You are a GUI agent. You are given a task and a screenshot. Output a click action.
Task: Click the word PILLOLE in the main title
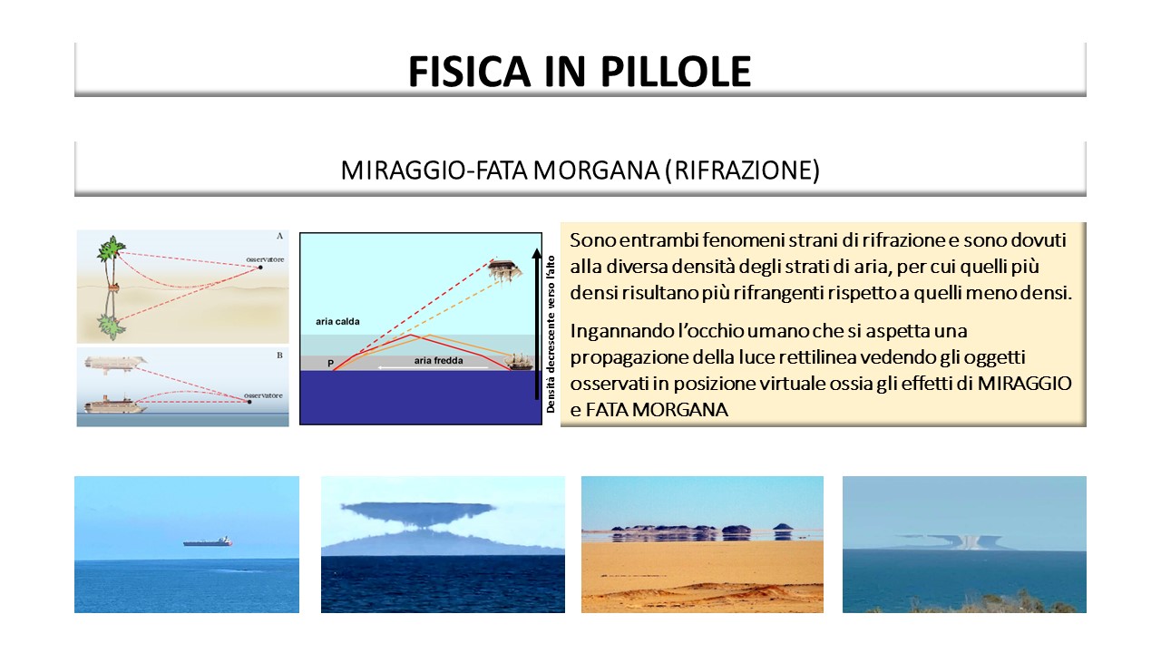tap(676, 71)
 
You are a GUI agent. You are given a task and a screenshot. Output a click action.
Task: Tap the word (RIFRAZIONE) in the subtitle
tap(743, 171)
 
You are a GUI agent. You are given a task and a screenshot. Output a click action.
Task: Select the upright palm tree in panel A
tap(112, 264)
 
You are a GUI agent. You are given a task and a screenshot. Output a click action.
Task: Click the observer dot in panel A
tap(260, 268)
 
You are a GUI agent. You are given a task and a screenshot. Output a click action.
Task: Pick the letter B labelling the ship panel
tap(279, 356)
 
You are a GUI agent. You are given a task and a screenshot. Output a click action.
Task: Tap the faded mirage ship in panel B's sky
tap(115, 364)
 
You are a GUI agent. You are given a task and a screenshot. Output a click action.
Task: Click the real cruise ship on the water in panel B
tap(115, 404)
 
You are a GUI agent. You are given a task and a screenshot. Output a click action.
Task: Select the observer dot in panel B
tap(249, 402)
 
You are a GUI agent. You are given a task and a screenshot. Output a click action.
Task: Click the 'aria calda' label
tap(337, 321)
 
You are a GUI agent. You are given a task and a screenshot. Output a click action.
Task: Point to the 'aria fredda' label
tap(438, 361)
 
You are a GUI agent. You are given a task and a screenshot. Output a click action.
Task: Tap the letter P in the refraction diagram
tap(331, 364)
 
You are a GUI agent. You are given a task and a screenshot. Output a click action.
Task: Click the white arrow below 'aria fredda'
tap(433, 368)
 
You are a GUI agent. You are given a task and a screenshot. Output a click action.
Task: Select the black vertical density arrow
tap(536, 324)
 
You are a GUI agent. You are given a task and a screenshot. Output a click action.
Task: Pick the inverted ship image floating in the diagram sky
tap(504, 270)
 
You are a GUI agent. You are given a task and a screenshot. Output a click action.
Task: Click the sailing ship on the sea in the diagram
tap(520, 361)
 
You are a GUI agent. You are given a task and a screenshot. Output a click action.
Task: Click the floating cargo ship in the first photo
tap(208, 541)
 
